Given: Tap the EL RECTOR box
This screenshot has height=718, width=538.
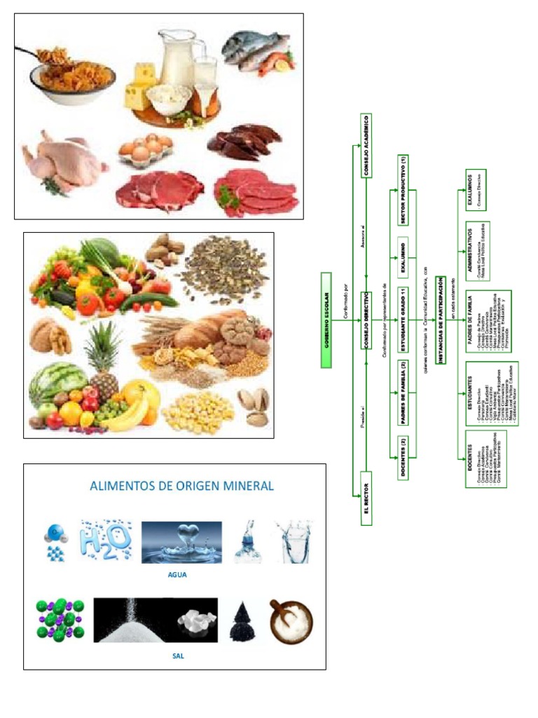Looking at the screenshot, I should click(x=366, y=499).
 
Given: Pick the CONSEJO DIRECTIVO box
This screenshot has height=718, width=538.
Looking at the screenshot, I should click(x=366, y=321).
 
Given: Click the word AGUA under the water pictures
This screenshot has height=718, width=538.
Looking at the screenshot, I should click(x=179, y=574).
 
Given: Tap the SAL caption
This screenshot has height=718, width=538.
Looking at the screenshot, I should click(x=178, y=656).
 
